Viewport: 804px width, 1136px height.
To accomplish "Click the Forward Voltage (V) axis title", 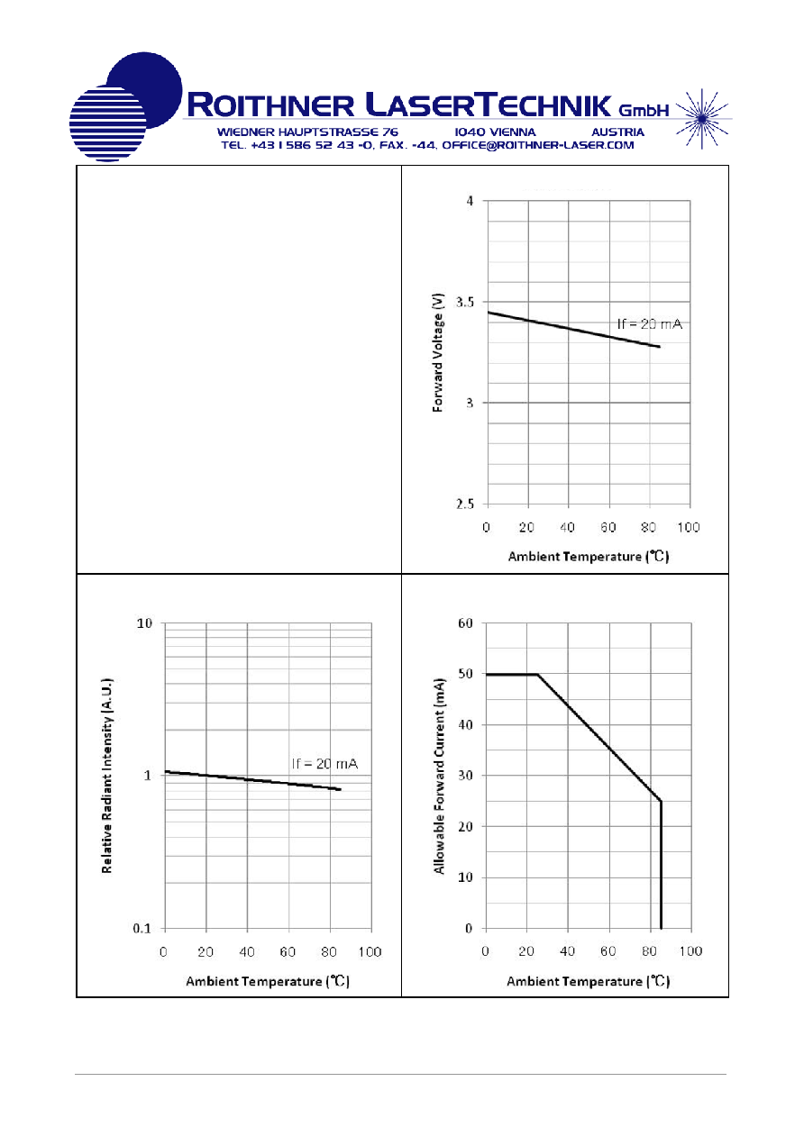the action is click(x=438, y=352).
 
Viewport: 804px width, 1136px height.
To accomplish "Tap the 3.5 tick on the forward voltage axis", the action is click(x=465, y=303).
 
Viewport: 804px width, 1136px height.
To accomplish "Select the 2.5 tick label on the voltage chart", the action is click(x=465, y=504).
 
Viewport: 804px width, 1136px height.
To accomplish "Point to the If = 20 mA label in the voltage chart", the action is click(x=649, y=324).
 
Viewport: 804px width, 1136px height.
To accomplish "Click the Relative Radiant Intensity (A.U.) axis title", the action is click(x=107, y=776).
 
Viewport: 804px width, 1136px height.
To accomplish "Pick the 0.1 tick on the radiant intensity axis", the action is click(x=142, y=929).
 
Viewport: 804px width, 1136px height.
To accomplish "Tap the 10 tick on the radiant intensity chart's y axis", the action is click(x=144, y=623).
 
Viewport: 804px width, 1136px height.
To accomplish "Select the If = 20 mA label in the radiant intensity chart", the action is click(x=324, y=764).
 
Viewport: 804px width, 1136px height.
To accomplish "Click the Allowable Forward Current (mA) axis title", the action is click(x=439, y=777).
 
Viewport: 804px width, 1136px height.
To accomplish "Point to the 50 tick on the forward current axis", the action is click(x=465, y=674).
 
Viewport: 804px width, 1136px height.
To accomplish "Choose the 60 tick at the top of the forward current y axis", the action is click(x=465, y=623).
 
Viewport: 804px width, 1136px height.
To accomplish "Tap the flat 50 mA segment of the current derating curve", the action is click(x=512, y=675).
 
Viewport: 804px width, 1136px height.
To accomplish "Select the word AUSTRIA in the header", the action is click(x=617, y=132).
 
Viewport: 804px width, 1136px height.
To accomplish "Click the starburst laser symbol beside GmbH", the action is click(x=702, y=119).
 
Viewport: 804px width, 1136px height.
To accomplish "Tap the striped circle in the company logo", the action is click(x=107, y=123).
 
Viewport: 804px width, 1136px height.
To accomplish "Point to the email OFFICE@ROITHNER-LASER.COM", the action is click(x=538, y=146).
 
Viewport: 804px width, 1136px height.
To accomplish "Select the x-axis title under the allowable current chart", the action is click(x=589, y=982).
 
